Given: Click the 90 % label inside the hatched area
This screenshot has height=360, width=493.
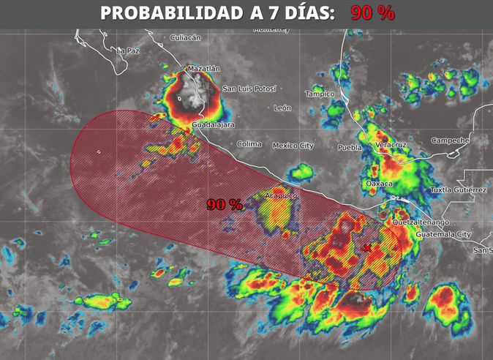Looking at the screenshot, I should [x=224, y=205].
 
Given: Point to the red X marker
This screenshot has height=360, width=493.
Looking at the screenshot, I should [x=367, y=248].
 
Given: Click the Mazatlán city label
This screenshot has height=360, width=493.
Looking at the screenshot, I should [x=203, y=69].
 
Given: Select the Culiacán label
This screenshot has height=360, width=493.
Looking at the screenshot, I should [x=185, y=37].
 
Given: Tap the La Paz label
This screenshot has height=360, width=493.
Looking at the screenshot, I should [x=128, y=50].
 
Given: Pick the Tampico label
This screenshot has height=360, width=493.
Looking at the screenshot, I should [x=320, y=94].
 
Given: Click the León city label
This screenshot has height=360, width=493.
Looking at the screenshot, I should [x=282, y=108].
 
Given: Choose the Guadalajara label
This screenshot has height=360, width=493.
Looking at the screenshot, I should [x=213, y=125].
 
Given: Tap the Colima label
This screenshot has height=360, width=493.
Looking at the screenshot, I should [x=249, y=143].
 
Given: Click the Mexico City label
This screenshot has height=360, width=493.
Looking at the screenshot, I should [x=293, y=146].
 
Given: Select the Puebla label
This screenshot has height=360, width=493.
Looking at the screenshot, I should [x=350, y=147].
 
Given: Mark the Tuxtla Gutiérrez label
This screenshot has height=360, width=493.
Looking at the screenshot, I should [x=459, y=190].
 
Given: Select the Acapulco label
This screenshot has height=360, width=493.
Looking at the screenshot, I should [x=281, y=195].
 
